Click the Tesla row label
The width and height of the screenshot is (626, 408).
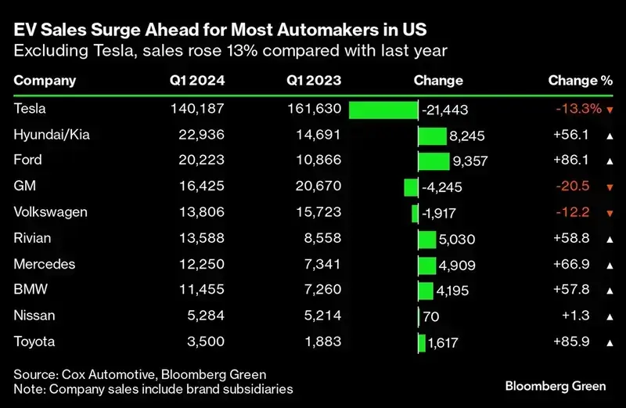coord(31,109)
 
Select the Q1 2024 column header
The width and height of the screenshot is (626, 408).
coord(196,81)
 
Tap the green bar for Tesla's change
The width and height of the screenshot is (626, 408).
coord(383,110)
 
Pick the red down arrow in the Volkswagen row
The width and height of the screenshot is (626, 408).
coord(608,213)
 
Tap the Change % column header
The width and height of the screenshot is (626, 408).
coord(580,81)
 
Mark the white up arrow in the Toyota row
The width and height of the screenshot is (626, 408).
coord(608,342)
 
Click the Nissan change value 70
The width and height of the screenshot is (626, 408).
coord(430,316)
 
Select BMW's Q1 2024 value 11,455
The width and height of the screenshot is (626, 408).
coord(201,290)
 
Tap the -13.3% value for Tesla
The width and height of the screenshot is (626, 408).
coord(578,109)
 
